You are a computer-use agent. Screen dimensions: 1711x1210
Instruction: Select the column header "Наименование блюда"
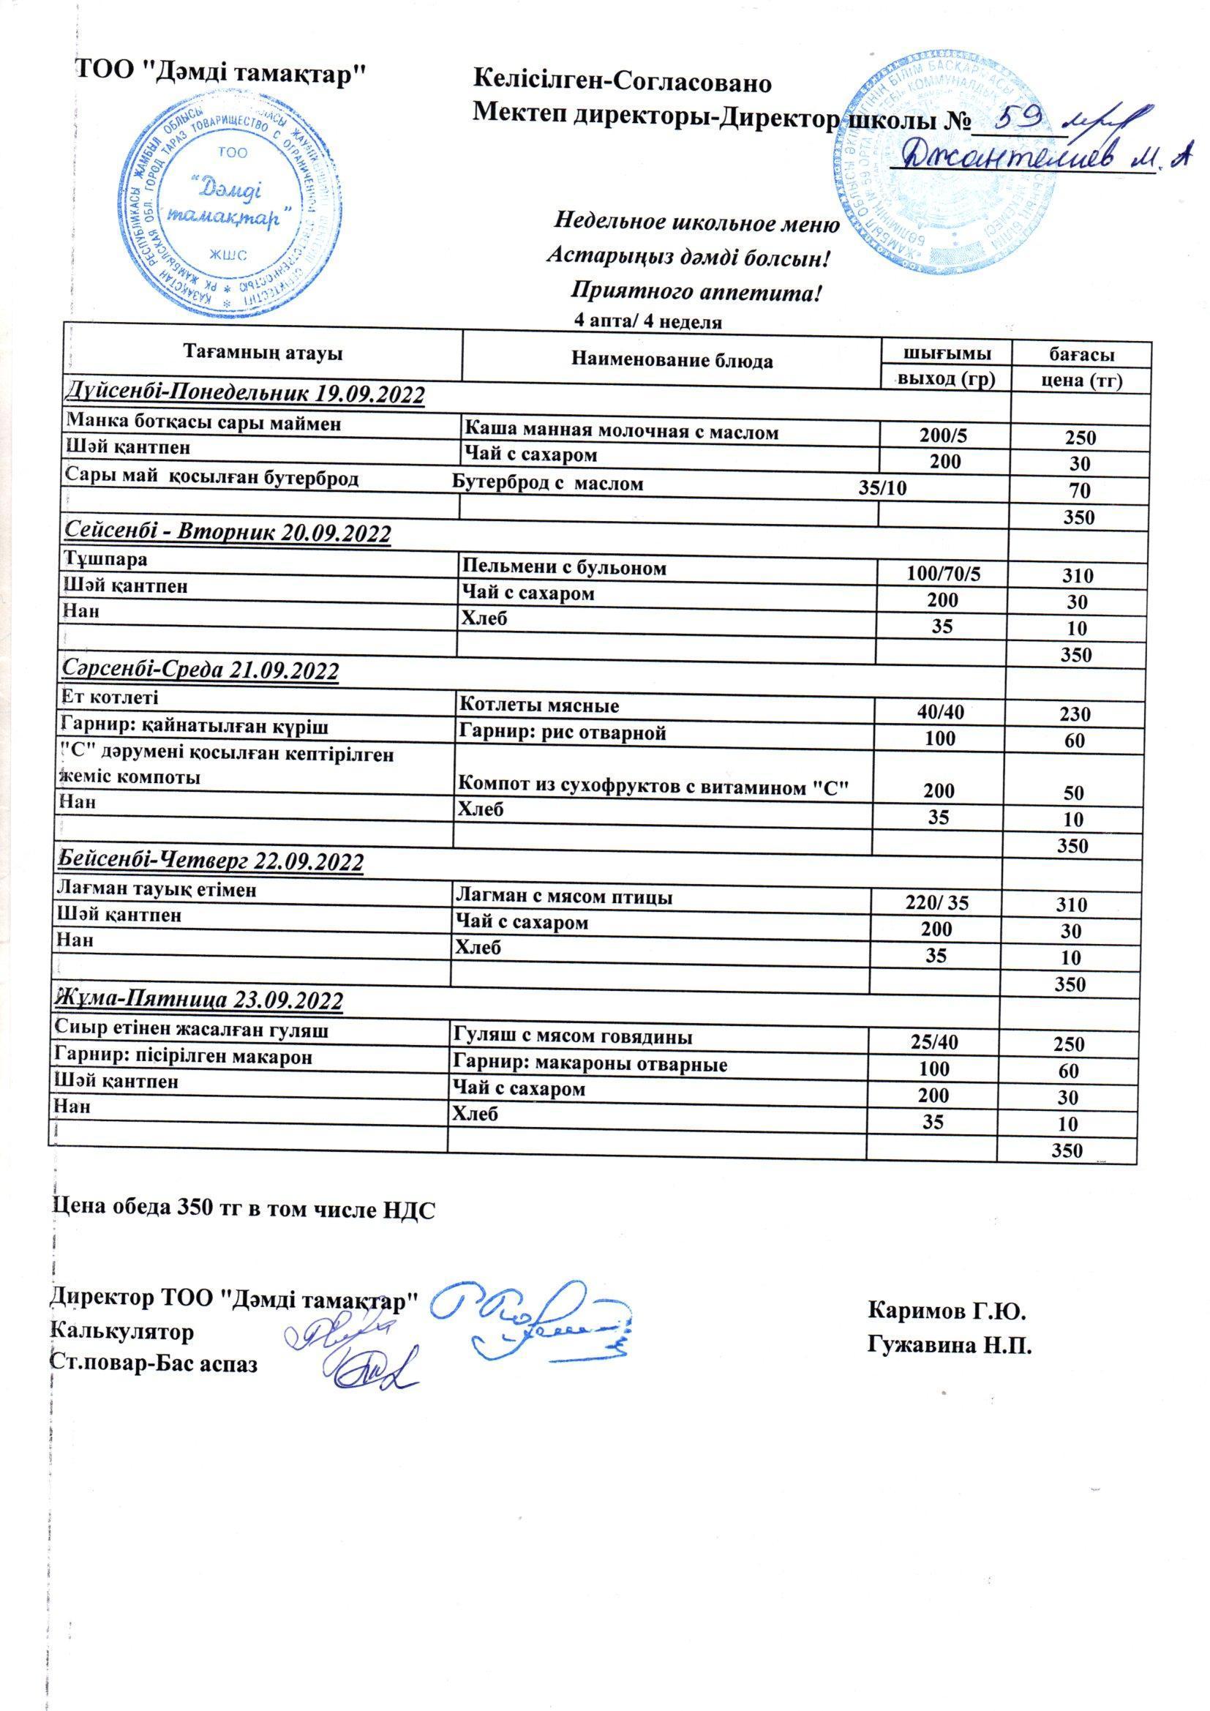[672, 362]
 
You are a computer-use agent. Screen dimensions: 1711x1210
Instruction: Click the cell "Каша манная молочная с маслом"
[621, 430]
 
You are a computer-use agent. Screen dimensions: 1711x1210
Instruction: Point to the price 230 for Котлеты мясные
[1075, 714]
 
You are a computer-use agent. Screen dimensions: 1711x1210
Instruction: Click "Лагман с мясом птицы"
[563, 897]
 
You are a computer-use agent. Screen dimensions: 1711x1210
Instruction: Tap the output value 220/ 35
[938, 904]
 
